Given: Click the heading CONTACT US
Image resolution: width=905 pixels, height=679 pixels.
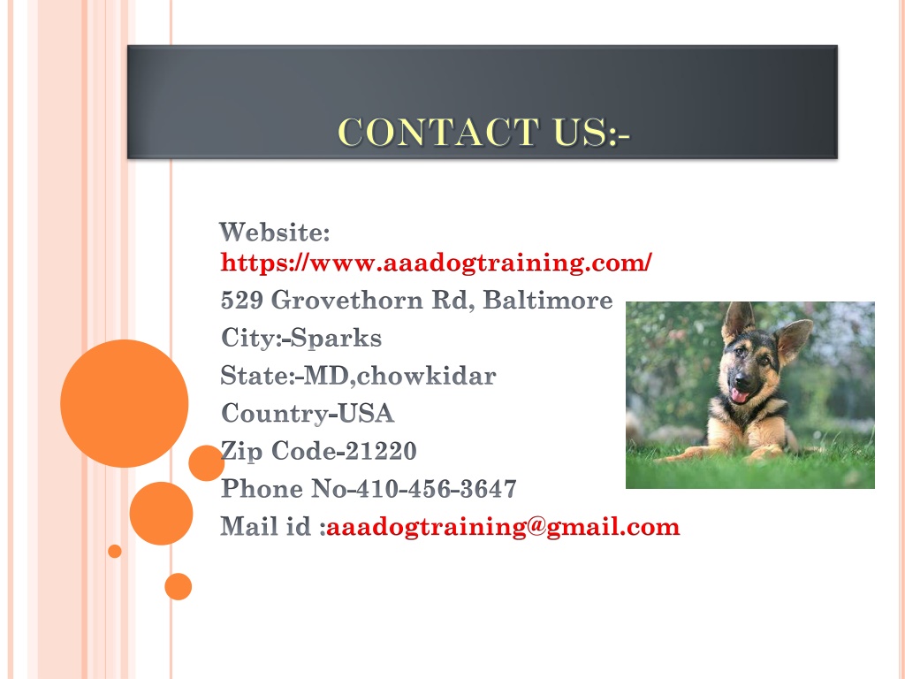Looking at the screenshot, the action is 483,133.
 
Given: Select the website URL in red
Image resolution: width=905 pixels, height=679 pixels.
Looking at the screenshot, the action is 437,263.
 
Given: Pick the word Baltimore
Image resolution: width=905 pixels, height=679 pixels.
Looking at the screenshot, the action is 547,301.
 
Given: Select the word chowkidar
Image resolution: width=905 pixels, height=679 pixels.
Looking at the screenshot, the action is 426,376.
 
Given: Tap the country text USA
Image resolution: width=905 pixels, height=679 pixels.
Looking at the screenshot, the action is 365,414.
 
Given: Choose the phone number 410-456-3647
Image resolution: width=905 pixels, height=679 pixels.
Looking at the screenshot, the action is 437,489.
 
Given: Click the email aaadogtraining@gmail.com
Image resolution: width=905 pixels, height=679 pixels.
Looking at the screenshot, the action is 503,527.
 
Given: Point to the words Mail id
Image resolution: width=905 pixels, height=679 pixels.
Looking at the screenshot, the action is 265,527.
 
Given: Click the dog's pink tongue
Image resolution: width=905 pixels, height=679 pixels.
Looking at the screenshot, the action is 739,396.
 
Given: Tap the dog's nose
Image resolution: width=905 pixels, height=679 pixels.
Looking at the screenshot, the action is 741,379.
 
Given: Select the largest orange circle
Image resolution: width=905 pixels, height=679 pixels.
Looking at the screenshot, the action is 124,403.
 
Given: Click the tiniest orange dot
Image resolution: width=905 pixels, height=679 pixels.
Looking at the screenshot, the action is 115,552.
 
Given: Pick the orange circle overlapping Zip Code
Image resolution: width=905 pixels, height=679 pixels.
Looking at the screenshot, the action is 206,463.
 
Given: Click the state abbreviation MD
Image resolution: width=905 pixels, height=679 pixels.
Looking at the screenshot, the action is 325,376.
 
